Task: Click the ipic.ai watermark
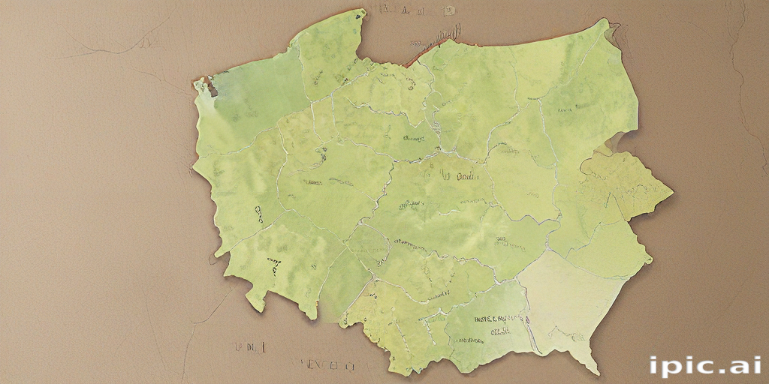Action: (705, 365)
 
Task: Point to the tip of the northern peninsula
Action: (363, 11)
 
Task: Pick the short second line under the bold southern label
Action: (499, 330)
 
